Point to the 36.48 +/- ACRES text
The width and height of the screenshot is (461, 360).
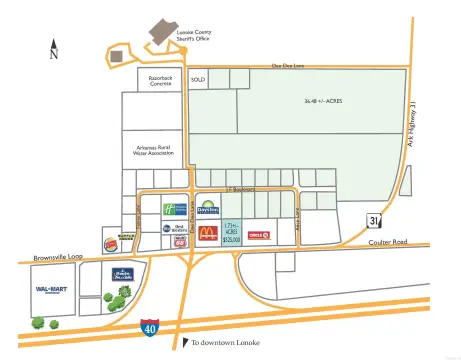tap(322, 101)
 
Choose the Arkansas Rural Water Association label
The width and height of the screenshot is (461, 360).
tap(155, 150)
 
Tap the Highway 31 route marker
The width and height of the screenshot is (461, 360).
tap(373, 221)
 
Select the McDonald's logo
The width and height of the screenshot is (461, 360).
tap(208, 234)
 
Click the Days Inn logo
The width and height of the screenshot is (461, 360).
tap(207, 207)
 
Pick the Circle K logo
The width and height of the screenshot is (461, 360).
tap(257, 234)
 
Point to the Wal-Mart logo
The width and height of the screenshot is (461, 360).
tap(50, 290)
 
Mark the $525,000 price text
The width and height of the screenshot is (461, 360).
tap(232, 240)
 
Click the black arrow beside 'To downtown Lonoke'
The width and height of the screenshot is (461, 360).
tap(184, 343)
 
